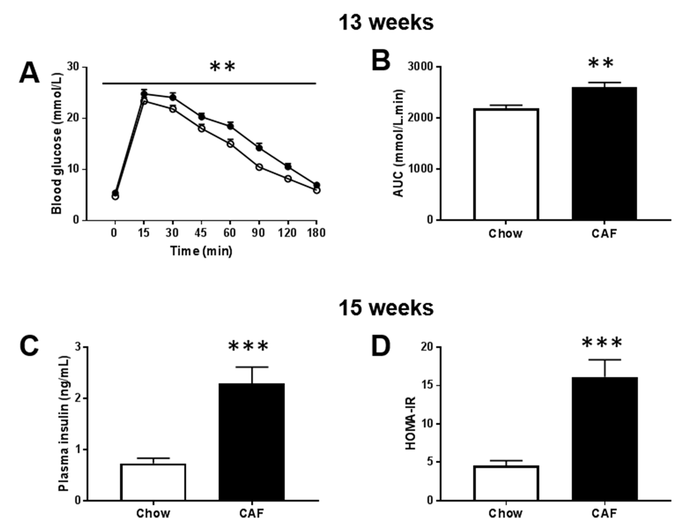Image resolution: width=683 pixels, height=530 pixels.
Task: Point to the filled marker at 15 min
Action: [144, 94]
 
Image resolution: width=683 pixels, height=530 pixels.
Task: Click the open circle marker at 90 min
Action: [259, 167]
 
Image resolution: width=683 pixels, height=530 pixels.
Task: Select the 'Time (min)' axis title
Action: [201, 251]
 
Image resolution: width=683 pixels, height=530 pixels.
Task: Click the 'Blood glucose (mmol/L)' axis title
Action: [57, 143]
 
